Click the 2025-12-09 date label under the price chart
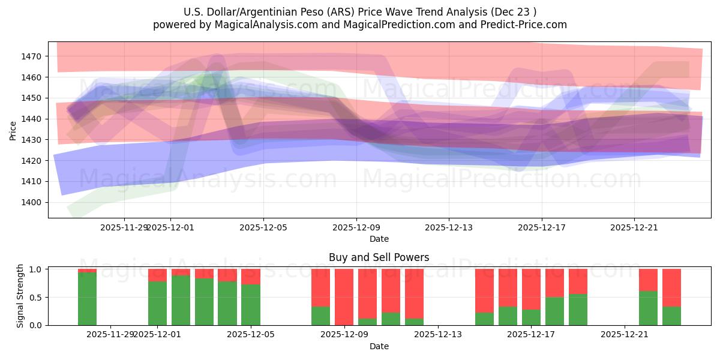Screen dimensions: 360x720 356,227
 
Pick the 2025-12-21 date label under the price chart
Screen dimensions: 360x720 634,227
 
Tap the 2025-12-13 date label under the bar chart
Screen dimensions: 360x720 438,335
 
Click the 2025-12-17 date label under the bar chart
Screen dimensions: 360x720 531,335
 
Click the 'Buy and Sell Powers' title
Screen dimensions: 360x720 379,257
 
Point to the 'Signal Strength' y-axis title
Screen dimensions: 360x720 20,296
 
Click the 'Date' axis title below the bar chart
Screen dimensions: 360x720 379,346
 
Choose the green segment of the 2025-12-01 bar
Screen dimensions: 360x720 157,303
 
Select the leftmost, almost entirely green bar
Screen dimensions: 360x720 87,299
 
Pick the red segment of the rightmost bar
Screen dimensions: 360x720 671,287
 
